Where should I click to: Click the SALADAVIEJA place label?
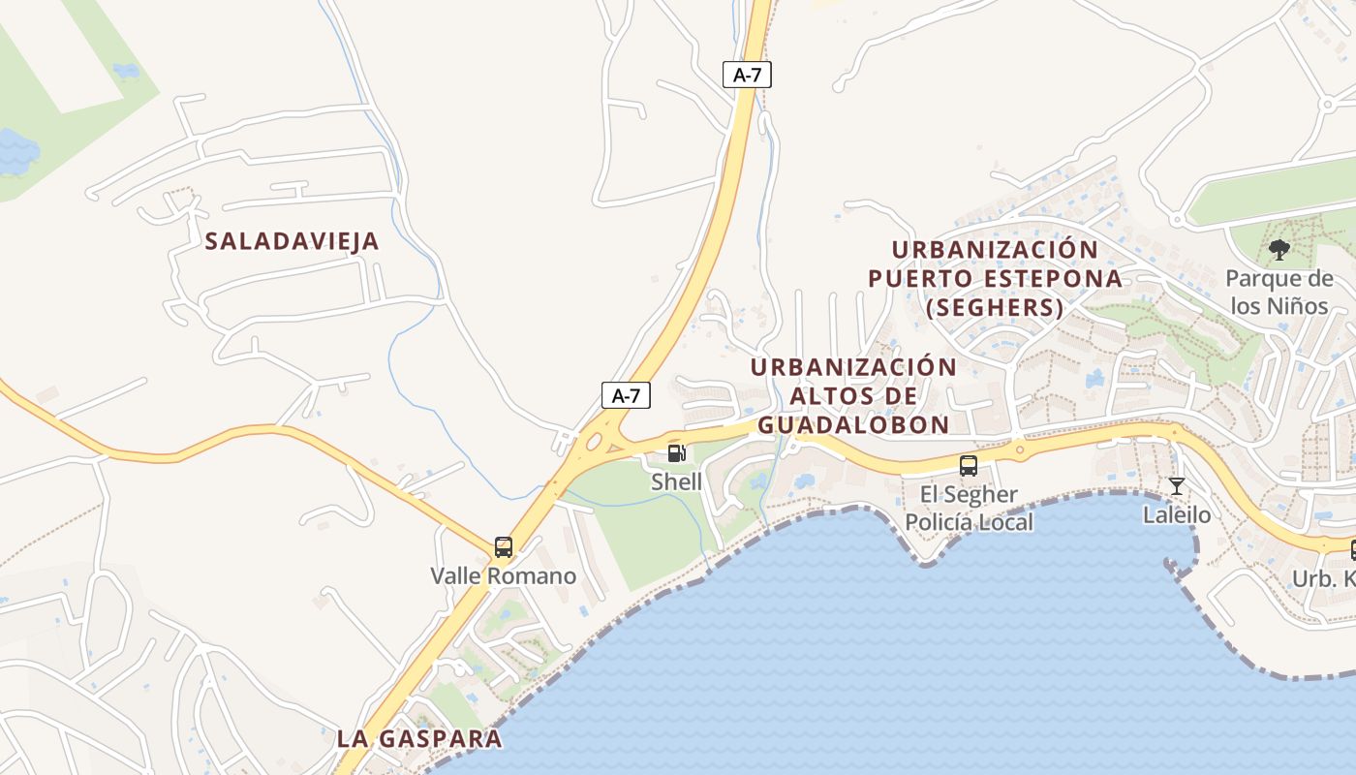tap(292, 241)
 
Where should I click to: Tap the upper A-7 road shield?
tap(747, 75)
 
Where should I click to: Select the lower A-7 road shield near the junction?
tap(626, 395)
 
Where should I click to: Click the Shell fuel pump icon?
tap(677, 453)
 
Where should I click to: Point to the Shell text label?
tap(676, 481)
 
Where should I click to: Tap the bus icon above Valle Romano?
tap(504, 546)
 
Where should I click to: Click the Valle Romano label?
tap(504, 576)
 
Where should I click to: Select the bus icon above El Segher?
tap(968, 466)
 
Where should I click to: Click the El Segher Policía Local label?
tap(969, 509)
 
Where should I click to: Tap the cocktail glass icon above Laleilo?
tap(1177, 486)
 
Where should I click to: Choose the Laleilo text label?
tap(1177, 514)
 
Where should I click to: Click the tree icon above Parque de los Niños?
tap(1279, 250)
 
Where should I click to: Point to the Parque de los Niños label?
tap(1279, 293)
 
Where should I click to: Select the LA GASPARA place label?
tap(419, 738)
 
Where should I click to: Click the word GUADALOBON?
tap(853, 424)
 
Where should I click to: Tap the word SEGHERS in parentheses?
tap(995, 308)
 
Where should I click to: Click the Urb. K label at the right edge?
tap(1324, 579)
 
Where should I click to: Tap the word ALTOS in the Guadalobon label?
tap(841, 396)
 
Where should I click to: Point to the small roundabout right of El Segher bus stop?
tap(1019, 449)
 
